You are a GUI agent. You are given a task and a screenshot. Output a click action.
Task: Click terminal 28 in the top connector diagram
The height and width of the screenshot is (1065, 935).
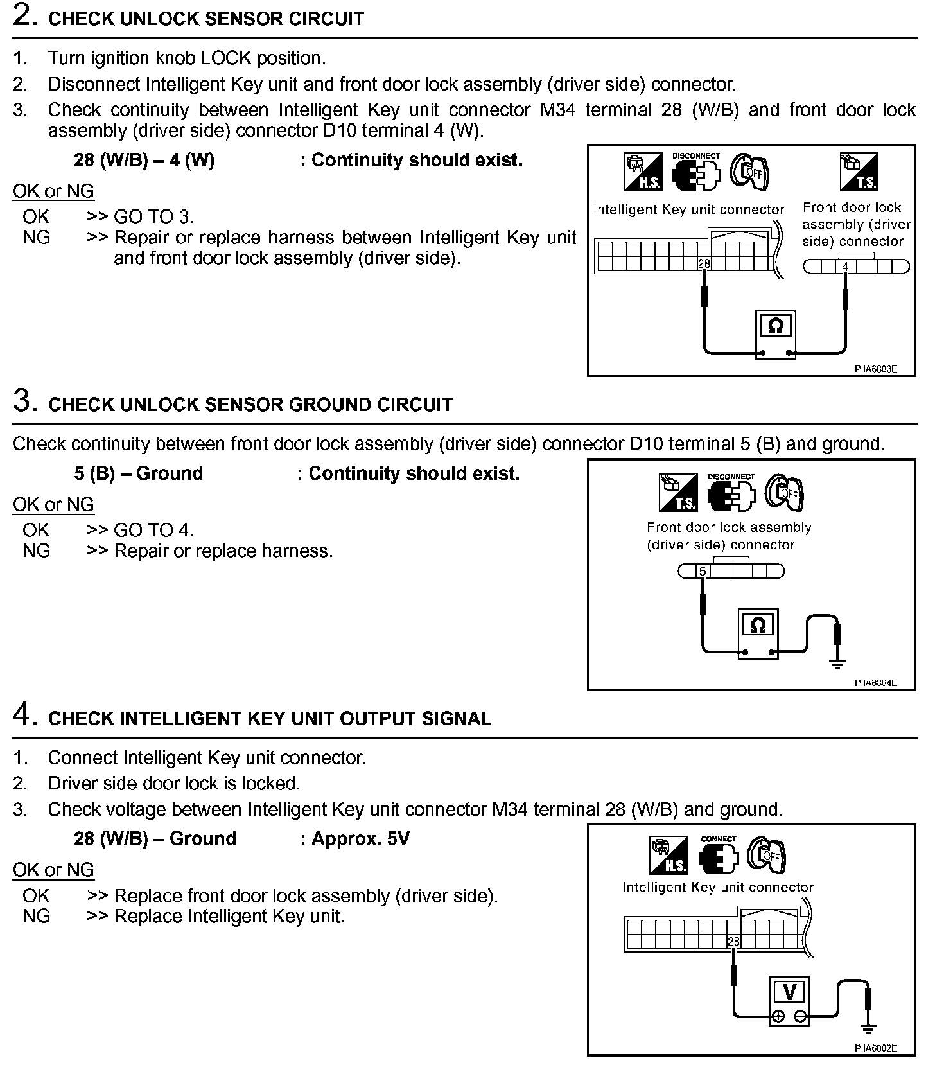tap(704, 263)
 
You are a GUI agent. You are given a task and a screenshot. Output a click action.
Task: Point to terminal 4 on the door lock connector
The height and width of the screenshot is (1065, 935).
tap(846, 267)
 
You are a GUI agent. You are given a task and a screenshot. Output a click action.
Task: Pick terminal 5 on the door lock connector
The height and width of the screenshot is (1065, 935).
tap(703, 571)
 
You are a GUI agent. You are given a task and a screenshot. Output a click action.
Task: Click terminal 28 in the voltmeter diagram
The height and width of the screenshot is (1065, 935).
tap(733, 942)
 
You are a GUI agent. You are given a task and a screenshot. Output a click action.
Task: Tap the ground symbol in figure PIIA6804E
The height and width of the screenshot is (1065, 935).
tap(837, 663)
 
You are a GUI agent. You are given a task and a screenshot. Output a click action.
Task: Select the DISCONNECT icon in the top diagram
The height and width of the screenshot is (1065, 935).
tap(696, 172)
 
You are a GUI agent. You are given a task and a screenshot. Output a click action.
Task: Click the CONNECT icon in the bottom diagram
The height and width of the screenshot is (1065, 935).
tap(719, 856)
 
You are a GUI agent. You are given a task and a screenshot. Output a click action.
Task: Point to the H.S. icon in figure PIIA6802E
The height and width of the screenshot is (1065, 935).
tap(668, 856)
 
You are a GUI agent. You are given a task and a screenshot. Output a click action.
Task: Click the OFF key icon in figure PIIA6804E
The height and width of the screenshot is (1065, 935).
tap(785, 493)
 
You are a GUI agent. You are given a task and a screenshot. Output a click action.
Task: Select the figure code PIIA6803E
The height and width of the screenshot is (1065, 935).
tap(875, 369)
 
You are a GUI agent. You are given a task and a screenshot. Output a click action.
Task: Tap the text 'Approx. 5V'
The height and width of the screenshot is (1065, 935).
tap(360, 839)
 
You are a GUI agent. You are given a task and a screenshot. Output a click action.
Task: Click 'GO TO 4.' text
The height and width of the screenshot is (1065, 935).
tap(153, 530)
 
